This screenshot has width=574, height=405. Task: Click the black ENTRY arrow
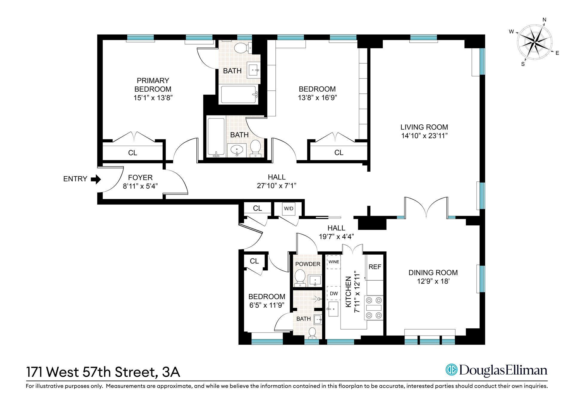pos(96,179)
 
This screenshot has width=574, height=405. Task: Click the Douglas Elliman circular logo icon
pos(452,370)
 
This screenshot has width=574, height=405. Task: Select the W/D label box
pos(288,209)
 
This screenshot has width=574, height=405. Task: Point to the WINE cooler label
pos(334,262)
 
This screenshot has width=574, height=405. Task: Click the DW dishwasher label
pos(334,293)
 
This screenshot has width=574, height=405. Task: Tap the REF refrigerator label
pos(375,267)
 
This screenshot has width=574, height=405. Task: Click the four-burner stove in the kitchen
pos(374,308)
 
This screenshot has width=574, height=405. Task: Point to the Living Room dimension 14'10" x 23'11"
pos(424,136)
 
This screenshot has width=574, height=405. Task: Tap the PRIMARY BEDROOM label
pos(153,85)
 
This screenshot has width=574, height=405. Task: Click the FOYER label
pos(140,178)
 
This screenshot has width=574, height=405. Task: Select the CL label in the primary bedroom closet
pos(132,153)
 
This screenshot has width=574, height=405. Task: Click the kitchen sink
pos(333,309)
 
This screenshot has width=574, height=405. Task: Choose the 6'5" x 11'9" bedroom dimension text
pos(267,305)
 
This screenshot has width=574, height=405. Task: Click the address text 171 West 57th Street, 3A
pos(103,372)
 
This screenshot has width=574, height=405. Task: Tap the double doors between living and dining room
pos(426,208)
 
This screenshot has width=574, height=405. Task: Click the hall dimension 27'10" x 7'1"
pos(277,186)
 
